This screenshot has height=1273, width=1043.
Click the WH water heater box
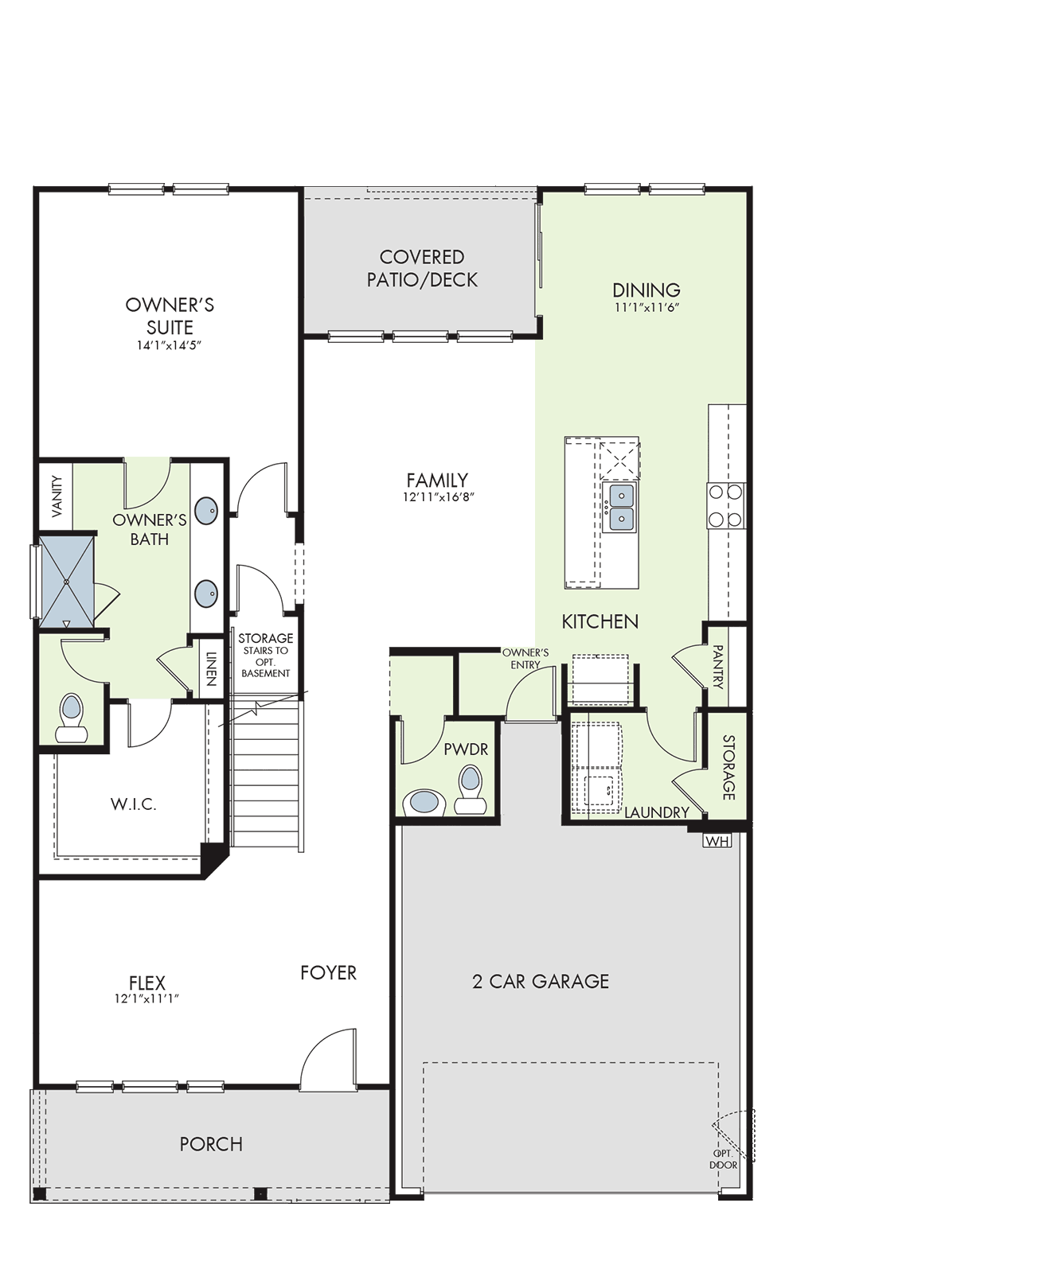click(717, 841)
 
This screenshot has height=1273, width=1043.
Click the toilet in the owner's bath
click(72, 718)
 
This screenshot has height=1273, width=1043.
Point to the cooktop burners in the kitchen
click(725, 506)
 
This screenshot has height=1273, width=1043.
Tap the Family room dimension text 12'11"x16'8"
click(439, 497)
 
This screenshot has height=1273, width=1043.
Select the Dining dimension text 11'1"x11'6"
click(647, 306)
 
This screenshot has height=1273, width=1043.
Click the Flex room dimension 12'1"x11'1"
click(146, 999)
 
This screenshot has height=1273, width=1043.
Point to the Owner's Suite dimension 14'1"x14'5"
click(169, 345)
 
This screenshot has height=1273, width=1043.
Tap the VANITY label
click(57, 496)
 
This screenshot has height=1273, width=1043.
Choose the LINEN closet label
click(211, 669)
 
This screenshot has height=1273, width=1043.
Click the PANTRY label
click(718, 667)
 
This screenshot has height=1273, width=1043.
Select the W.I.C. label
click(134, 804)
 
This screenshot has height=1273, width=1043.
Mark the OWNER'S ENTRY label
click(525, 659)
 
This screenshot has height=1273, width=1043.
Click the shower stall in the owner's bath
click(66, 582)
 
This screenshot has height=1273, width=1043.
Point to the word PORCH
click(211, 1144)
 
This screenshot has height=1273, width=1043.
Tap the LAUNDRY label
click(657, 812)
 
